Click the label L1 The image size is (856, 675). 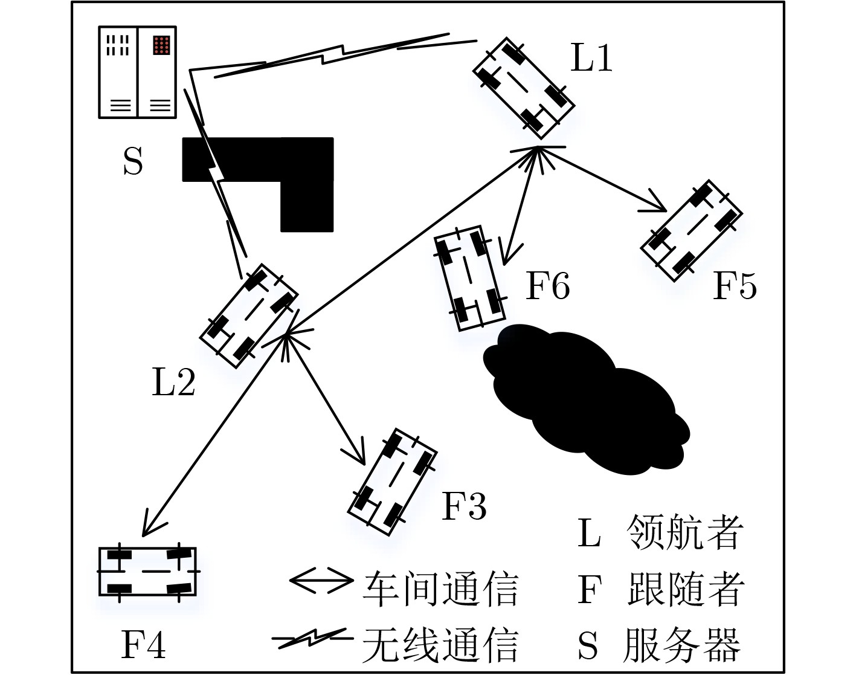(591, 58)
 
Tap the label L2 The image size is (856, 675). (173, 382)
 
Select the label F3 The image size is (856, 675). (464, 506)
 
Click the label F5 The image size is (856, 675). (735, 285)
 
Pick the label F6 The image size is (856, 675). (548, 285)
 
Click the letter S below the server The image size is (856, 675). (133, 161)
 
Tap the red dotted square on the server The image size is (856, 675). (161, 45)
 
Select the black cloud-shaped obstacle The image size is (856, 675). (585, 398)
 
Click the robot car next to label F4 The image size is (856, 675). (147, 572)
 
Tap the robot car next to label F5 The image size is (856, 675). (692, 231)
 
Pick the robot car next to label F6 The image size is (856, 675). (470, 278)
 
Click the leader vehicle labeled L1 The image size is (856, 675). (524, 88)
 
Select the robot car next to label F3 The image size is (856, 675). (393, 482)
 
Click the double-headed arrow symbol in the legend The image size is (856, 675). (321, 580)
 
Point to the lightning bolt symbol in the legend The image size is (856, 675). (313, 638)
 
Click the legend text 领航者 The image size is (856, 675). (685, 532)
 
